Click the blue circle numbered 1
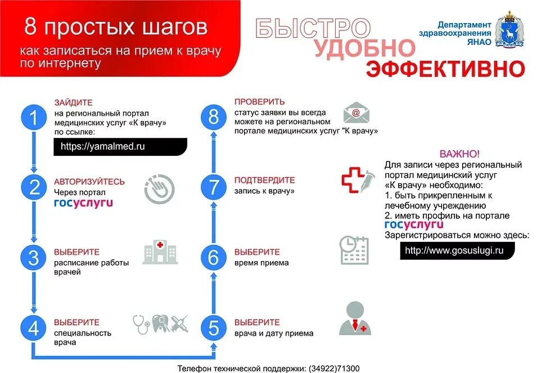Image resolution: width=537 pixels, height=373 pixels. tap(34, 118)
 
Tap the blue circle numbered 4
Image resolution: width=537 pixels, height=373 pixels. tap(34, 329)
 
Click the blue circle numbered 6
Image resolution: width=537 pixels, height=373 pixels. tap(214, 257)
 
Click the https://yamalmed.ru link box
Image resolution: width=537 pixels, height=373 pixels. tap(120, 146)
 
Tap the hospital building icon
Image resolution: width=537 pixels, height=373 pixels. tap(160, 251)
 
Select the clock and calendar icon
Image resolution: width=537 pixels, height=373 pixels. tap(354, 250)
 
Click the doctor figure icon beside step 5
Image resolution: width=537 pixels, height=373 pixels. tap(355, 319)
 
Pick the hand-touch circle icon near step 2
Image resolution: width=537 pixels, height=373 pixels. tap(159, 188)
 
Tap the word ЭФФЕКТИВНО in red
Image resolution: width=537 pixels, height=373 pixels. tap(445, 69)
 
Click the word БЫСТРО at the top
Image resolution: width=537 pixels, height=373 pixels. tap(313, 28)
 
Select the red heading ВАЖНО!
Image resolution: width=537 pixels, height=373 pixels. tap(459, 154)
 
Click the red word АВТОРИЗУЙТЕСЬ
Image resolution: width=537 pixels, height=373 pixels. tap(89, 182)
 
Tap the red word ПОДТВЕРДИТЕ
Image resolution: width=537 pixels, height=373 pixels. tap(264, 180)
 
